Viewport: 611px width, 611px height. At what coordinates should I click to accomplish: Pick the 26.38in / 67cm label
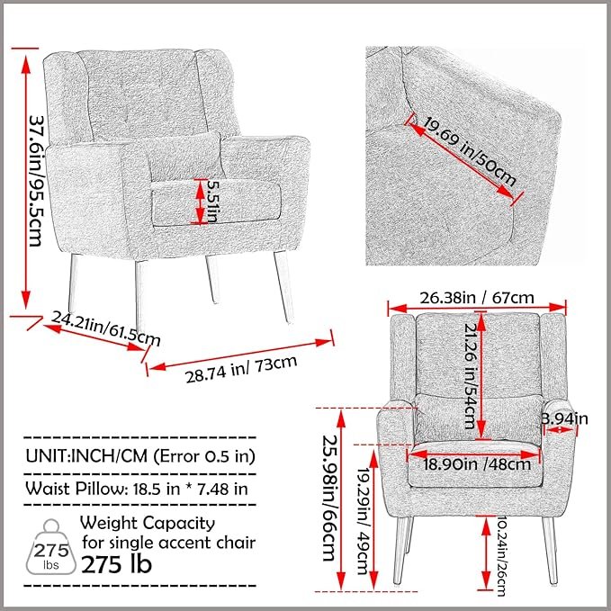pyautogui.click(x=476, y=297)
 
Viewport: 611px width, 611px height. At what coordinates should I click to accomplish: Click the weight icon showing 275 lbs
pyautogui.click(x=45, y=548)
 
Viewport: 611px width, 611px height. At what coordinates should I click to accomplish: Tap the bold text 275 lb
pyautogui.click(x=116, y=564)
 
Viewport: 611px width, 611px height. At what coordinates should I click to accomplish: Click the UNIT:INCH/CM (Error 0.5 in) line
pyautogui.click(x=139, y=456)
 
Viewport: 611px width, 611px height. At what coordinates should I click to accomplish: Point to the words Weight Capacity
pyautogui.click(x=148, y=523)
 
